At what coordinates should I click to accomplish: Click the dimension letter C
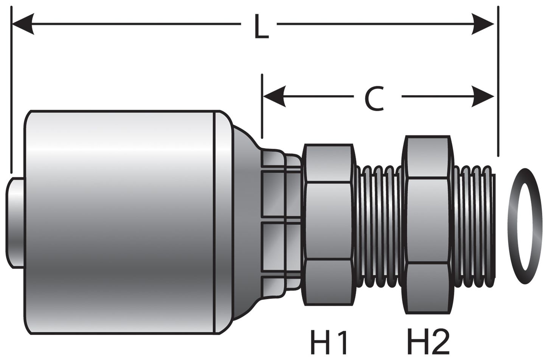374,98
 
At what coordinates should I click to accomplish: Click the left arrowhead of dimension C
274,96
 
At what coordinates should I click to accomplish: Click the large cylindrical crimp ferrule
121,223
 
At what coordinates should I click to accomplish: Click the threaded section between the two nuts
380,227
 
